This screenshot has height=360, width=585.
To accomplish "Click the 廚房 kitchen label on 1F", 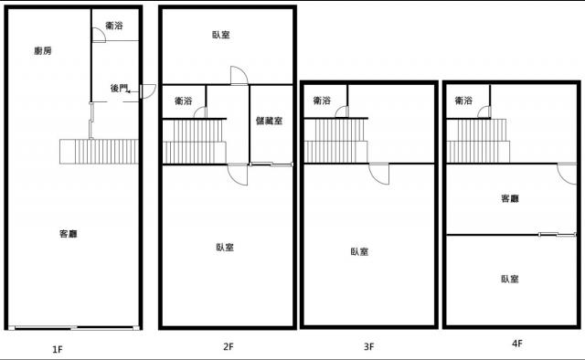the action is click(43, 51).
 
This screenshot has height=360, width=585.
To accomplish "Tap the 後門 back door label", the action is click(119, 89).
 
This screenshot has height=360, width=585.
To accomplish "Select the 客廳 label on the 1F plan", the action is click(69, 234).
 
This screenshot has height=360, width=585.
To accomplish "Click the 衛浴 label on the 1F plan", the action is click(113, 26).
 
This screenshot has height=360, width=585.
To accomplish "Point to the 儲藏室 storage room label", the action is click(269, 121).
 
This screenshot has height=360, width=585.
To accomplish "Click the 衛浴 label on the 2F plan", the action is click(184, 101).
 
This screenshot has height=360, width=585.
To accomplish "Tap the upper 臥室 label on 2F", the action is click(221, 35).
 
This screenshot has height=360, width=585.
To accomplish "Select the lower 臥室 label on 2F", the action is click(225, 248).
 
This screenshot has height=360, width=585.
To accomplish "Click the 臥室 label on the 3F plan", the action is click(359, 252).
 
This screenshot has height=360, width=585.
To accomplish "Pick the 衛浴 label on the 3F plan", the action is click(322, 101).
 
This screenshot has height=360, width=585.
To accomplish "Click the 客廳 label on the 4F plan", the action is click(510, 198).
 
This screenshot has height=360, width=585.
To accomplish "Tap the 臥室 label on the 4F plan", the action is click(510, 279).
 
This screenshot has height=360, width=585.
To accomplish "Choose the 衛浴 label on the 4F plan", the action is click(463, 101).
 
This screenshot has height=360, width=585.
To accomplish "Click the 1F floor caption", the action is click(57, 350).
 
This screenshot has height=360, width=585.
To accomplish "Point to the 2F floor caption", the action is click(229, 346).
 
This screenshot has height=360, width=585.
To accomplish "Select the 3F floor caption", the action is click(368, 346).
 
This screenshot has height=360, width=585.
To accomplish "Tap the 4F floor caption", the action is click(517, 344).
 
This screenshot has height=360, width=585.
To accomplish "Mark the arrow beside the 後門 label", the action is click(128, 91).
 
